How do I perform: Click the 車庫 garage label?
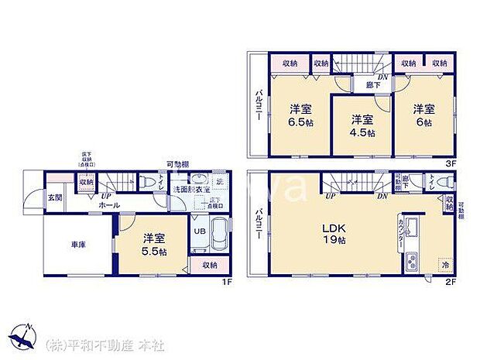click(x=78, y=245)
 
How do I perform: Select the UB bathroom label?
click(x=198, y=231)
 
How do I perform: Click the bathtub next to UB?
click(x=220, y=235)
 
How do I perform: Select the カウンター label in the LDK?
click(x=400, y=233)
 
